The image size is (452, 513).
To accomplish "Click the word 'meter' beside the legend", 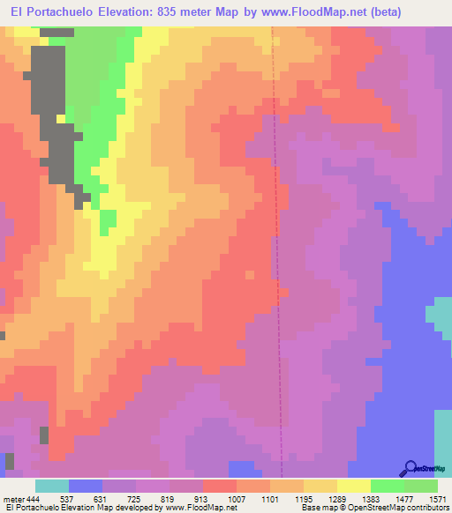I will (14, 500).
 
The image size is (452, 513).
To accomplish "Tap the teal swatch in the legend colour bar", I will (52, 486).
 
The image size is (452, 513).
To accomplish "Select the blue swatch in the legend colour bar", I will (86, 486).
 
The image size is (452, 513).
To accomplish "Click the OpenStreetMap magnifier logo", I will (411, 467).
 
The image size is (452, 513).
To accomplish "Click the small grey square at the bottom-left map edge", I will (10, 461).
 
